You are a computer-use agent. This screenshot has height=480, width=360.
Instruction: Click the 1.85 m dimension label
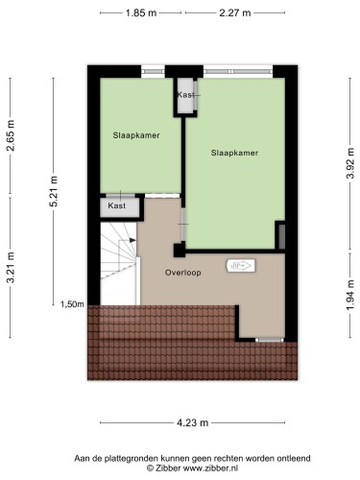[x=141, y=12]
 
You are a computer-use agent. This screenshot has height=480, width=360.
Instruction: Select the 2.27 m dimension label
[x=235, y=12]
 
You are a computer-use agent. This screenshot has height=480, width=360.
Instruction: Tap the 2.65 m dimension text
[x=11, y=135]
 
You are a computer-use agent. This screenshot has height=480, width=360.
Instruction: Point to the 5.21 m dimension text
[x=54, y=191]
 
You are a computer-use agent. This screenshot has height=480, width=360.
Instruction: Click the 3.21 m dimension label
[x=11, y=268]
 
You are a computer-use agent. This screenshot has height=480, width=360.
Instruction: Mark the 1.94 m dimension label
[x=350, y=295]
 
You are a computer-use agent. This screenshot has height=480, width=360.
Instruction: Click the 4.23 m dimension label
[x=193, y=422]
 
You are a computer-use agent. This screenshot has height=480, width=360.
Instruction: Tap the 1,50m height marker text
[x=72, y=304]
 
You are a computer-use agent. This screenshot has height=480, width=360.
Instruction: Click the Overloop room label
[x=183, y=273]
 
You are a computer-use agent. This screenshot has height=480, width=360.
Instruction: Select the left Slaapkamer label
[x=136, y=135]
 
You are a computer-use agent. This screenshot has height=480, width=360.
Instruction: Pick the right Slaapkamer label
[x=234, y=153]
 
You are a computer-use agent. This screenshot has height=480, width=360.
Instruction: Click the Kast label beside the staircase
[x=117, y=205]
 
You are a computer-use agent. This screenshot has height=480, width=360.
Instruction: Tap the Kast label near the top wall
[x=186, y=95]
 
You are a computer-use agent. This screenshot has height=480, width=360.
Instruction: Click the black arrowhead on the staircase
[x=132, y=240]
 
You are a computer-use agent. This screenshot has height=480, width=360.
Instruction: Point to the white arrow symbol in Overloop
[x=241, y=266]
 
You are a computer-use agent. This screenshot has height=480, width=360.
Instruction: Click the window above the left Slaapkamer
[x=153, y=71]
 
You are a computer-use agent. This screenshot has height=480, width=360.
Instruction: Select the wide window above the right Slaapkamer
[x=238, y=71]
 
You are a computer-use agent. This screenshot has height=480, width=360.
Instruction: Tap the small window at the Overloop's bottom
[x=270, y=340]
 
